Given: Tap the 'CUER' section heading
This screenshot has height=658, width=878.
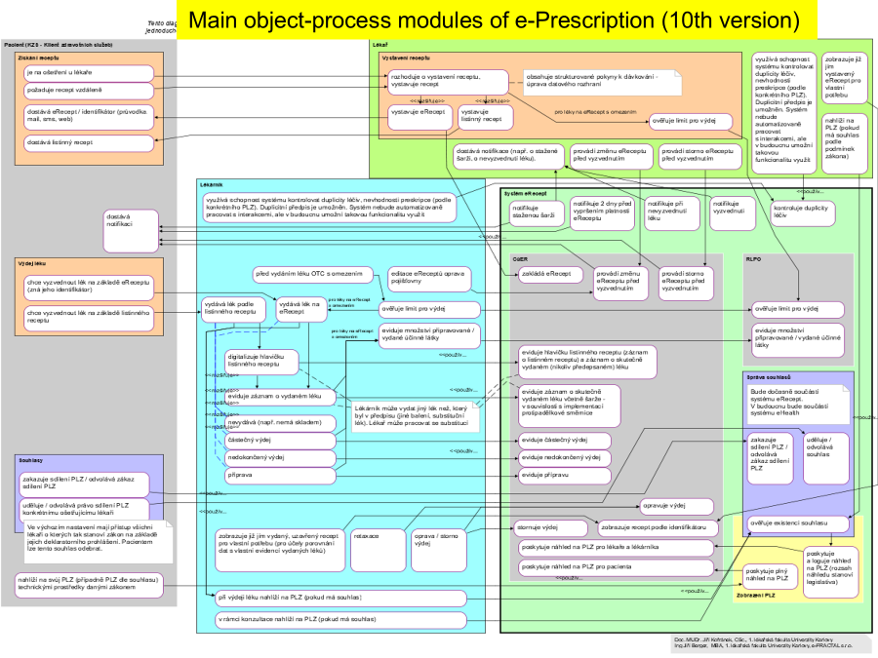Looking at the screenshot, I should [520, 259].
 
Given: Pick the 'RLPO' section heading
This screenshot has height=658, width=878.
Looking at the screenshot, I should [753, 259].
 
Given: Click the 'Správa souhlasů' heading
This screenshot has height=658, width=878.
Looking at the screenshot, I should [768, 376].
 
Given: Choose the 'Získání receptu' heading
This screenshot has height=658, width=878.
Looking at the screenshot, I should [40, 58].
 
